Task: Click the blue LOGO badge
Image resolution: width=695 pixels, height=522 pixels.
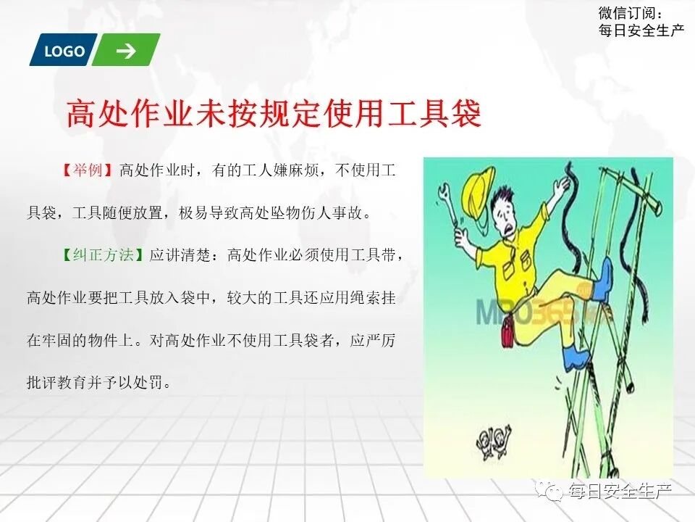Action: click(x=64, y=51)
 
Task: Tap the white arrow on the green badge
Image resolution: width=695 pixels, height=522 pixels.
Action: click(x=126, y=50)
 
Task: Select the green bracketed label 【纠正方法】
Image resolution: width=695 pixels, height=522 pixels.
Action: click(x=105, y=255)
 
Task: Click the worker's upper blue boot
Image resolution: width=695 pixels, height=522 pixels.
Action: click(x=602, y=279)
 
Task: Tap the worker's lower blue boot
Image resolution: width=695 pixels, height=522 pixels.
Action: click(x=576, y=357)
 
